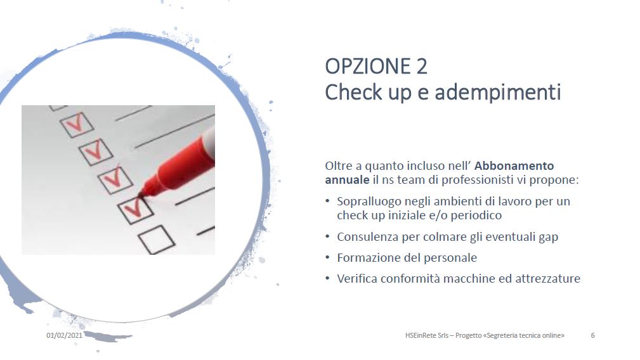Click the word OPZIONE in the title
click(x=367, y=67)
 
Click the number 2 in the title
click(x=422, y=67)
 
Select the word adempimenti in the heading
click(x=497, y=92)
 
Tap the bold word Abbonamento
click(x=514, y=166)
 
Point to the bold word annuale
click(x=347, y=180)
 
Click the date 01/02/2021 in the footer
click(x=64, y=335)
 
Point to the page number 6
click(x=592, y=335)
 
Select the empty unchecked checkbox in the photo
click(x=156, y=240)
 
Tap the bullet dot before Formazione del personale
click(x=327, y=257)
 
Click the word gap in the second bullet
click(x=548, y=238)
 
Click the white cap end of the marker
click(x=209, y=141)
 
